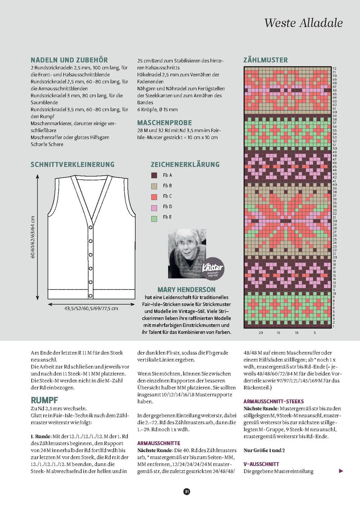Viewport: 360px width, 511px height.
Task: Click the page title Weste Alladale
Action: (x=303, y=23)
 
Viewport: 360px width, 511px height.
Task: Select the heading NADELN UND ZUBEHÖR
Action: (x=69, y=60)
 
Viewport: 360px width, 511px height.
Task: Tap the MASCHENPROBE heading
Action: (x=165, y=122)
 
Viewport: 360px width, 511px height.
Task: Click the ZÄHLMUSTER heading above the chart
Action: (x=266, y=60)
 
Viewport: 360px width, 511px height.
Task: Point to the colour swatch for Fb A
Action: (x=154, y=175)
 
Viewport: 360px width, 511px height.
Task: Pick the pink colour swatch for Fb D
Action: (x=154, y=207)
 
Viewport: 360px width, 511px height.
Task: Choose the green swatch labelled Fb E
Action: (x=154, y=218)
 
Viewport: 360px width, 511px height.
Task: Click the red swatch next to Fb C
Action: (x=154, y=196)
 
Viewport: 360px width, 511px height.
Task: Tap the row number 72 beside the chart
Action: (x=334, y=68)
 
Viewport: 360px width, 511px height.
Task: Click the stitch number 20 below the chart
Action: (x=261, y=332)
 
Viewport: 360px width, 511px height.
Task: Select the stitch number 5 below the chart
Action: (x=315, y=332)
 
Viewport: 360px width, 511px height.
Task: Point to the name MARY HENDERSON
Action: (x=186, y=290)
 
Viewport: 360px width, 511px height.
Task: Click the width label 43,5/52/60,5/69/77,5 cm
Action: (x=91, y=308)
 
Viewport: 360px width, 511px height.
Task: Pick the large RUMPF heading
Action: (x=45, y=400)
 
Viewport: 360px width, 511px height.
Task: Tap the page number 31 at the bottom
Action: (x=187, y=491)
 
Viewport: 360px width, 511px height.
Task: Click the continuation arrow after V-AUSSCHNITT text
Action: (x=341, y=471)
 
